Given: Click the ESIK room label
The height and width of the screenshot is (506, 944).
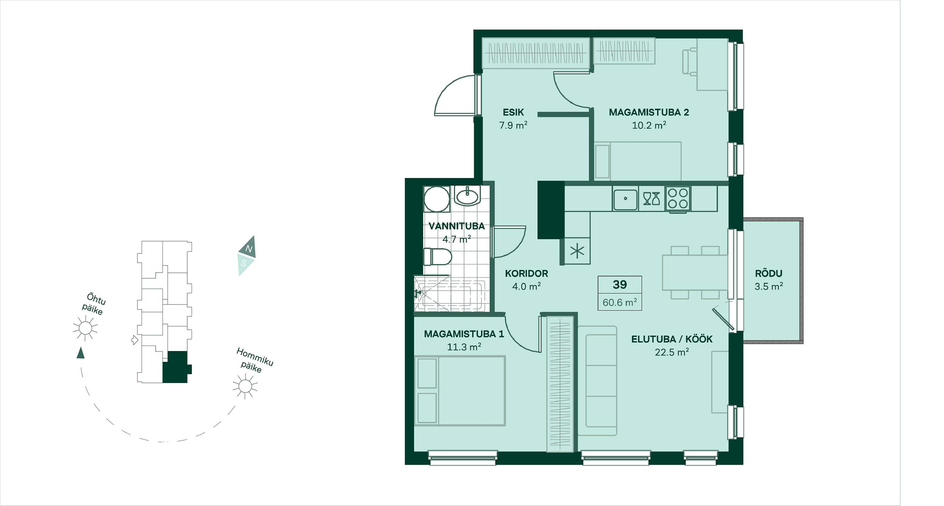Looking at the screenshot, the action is click(513, 112).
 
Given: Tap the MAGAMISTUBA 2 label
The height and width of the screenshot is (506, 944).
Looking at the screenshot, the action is click(649, 112).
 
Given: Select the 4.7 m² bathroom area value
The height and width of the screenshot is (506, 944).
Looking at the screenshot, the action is click(457, 239).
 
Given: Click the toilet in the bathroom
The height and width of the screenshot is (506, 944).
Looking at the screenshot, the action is click(438, 257).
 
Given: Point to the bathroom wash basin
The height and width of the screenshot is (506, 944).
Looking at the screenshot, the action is click(467, 195).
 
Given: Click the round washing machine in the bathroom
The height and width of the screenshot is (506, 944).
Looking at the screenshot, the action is click(437, 199).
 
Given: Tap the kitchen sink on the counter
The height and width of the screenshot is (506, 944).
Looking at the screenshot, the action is click(625, 199).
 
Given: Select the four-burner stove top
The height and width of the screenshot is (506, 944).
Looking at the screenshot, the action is click(678, 199).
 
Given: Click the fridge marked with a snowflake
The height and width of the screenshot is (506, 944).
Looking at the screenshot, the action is click(577, 251).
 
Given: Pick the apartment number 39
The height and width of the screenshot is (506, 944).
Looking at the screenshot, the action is click(619, 285).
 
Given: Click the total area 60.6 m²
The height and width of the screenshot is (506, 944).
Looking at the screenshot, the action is click(619, 302).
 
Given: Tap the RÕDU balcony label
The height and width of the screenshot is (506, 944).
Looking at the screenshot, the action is click(769, 273).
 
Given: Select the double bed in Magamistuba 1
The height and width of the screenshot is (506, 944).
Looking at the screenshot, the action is click(460, 391).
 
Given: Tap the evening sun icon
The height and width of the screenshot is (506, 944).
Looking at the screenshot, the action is click(85, 328).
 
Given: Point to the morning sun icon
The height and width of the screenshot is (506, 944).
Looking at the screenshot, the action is click(245, 386).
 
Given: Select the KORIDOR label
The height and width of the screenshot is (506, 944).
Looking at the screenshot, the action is click(526, 274).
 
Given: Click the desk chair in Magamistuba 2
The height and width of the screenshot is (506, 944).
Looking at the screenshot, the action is click(690, 61).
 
